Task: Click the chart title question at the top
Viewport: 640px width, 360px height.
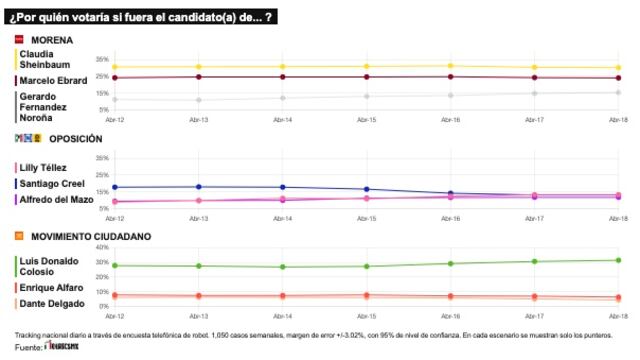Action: pyautogui.click(x=141, y=17)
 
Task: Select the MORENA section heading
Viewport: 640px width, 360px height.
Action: pyautogui.click(x=52, y=39)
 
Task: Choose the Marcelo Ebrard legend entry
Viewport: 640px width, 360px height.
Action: pyautogui.click(x=52, y=80)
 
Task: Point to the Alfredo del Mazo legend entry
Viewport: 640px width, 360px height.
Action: pyautogui.click(x=56, y=198)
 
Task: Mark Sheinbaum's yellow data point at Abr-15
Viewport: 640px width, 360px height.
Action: pyautogui.click(x=366, y=66)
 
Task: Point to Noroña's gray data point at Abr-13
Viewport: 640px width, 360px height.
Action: pyautogui.click(x=198, y=99)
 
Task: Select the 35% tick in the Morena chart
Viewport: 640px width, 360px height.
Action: pyautogui.click(x=102, y=60)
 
